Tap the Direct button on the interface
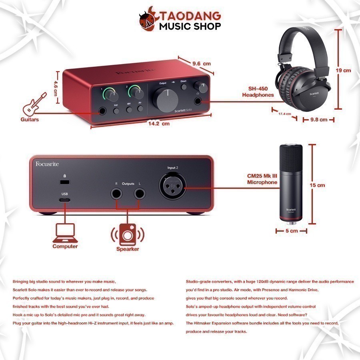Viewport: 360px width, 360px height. click(x=184, y=87)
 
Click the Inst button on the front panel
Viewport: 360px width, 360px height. click(x=116, y=111)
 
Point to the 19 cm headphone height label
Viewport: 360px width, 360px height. click(x=343, y=70)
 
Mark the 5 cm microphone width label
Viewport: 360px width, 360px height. click(x=292, y=231)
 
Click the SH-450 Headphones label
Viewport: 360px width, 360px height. click(x=258, y=92)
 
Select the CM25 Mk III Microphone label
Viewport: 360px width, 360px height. click(x=262, y=179)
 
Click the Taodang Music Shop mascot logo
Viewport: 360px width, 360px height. click(x=148, y=21)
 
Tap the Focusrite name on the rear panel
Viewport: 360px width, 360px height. click(x=47, y=164)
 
